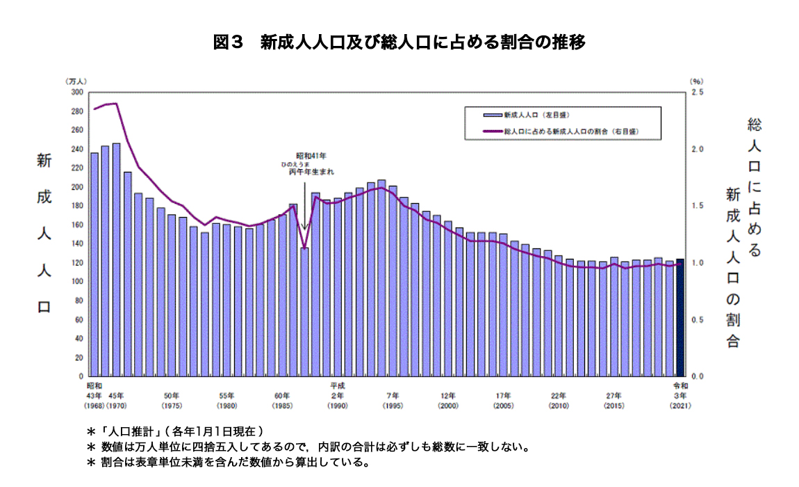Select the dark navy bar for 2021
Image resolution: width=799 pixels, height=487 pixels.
pos(680,317)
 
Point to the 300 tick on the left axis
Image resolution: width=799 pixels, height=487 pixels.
pos(76,92)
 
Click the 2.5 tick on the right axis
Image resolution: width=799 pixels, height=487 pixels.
pos(697,92)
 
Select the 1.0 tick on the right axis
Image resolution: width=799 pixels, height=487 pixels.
pos(697,263)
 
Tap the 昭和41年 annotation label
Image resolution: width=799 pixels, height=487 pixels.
pos(311,156)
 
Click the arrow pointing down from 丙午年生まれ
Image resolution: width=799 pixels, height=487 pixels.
pos(304,202)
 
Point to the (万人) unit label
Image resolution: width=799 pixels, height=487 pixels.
pos(76,81)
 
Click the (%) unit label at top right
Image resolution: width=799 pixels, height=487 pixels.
pos(697,81)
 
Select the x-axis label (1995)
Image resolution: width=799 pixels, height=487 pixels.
pos(393,405)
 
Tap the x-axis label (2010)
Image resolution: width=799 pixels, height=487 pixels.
pos(559,405)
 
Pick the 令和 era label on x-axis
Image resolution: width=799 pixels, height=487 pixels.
pos(680,385)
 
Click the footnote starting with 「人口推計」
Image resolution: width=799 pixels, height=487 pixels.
pos(174,431)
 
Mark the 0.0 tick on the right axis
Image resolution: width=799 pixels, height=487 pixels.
pos(697,376)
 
